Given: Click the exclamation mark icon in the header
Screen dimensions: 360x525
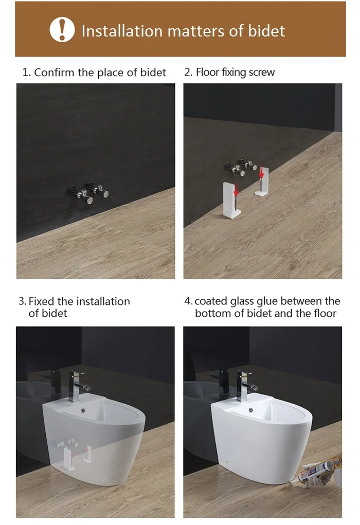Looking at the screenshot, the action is click(x=62, y=29).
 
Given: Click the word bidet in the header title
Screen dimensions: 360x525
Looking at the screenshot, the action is click(x=266, y=31).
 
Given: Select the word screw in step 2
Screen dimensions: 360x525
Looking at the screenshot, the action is click(x=262, y=72).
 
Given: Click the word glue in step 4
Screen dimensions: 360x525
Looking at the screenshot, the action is click(x=267, y=301).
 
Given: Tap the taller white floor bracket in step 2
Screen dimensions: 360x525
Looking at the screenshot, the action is click(x=232, y=200).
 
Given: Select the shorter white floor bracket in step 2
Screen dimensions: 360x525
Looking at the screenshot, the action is click(x=262, y=182).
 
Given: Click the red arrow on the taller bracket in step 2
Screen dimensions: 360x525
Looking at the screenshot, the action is click(x=236, y=190).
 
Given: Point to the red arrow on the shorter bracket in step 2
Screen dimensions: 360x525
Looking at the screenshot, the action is click(x=262, y=173).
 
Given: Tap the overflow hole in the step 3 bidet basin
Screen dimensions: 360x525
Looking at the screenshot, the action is click(x=83, y=410).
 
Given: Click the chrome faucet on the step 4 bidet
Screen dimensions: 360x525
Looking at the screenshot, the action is click(x=246, y=386).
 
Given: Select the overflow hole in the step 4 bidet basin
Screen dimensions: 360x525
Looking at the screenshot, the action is click(x=251, y=410).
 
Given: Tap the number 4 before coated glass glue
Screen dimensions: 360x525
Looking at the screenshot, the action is click(x=187, y=301).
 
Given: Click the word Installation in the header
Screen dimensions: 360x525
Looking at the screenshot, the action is click(x=122, y=31).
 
